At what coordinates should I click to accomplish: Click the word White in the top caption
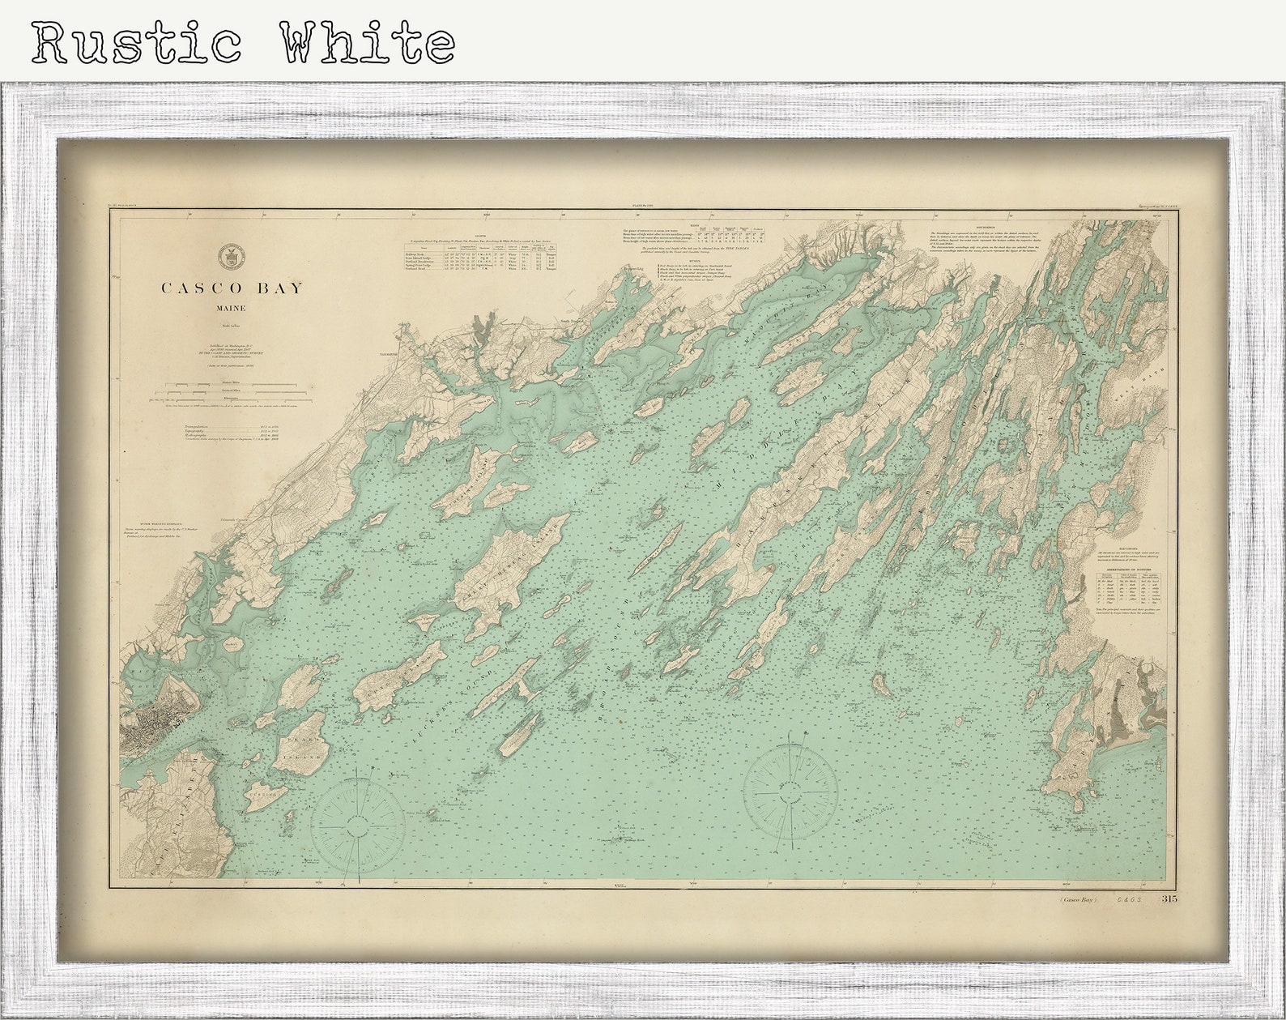[x=367, y=43]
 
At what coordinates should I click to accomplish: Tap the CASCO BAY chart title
[x=232, y=288]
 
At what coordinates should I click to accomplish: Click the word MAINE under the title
[x=231, y=309]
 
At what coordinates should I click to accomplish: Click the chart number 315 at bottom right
[x=1169, y=899]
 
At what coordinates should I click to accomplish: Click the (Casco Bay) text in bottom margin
[x=1077, y=900]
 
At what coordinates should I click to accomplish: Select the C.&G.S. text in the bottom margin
[x=1128, y=900]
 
